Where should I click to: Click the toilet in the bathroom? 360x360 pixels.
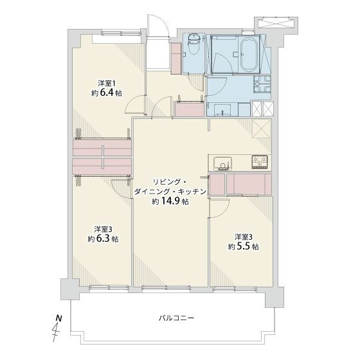192,46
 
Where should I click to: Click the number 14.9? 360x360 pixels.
172,201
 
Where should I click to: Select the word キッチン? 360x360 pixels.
190,191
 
